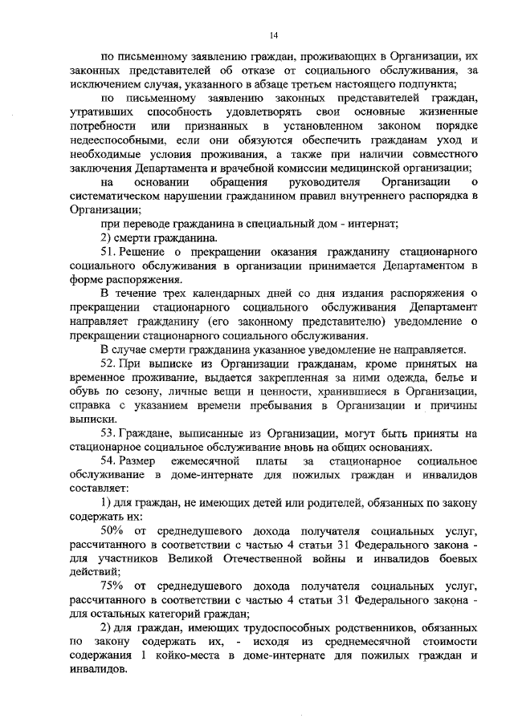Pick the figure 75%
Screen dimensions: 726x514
coord(112,586)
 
